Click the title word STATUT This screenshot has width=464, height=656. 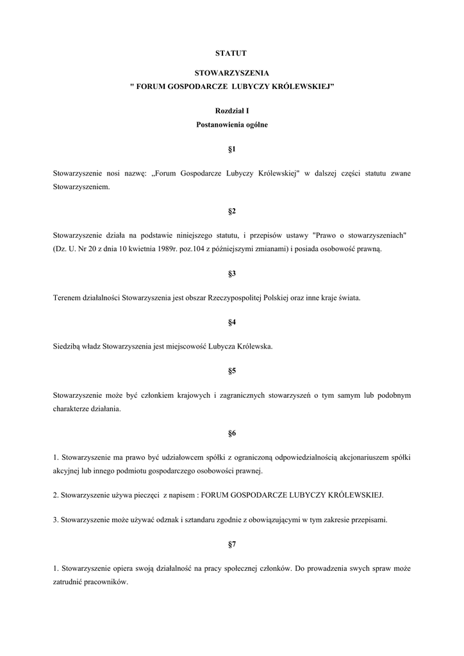231,53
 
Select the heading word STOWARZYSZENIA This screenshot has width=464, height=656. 231,74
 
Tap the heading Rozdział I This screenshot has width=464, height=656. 231,111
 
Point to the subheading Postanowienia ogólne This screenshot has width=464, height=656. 231,125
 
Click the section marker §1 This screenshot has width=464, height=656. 232,149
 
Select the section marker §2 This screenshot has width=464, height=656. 232,211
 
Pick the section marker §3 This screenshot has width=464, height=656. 232,274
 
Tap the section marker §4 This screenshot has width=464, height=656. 232,322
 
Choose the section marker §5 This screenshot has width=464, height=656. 232,371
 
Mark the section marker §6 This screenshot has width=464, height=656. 232,433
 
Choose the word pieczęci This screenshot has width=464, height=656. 142,495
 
